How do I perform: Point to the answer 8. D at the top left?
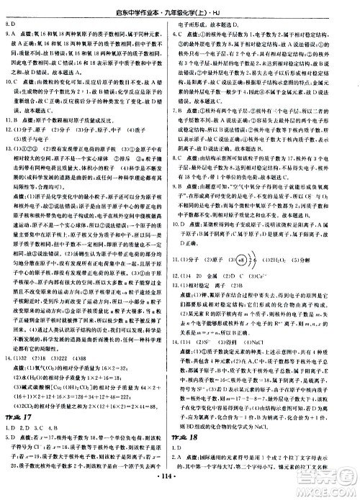[x=11, y=22]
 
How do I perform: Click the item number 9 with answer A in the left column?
[x=11, y=32]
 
